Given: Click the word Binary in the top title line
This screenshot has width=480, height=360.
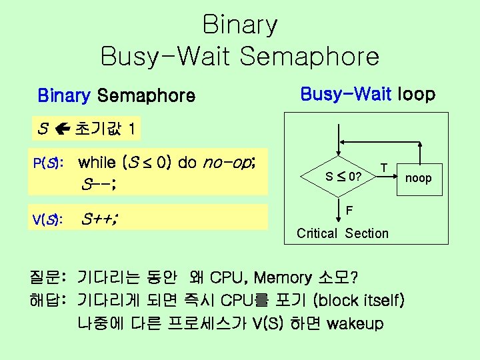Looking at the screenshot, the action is pyautogui.click(x=240, y=25).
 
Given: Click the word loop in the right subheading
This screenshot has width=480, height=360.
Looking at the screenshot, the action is pyautogui.click(x=416, y=95).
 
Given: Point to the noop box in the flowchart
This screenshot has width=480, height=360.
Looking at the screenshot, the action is pyautogui.click(x=419, y=178).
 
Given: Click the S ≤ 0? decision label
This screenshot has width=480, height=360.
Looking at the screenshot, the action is pyautogui.click(x=343, y=177).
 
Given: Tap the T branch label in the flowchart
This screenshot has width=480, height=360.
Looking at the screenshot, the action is pyautogui.click(x=383, y=165).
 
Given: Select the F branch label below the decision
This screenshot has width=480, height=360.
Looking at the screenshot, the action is pyautogui.click(x=349, y=211).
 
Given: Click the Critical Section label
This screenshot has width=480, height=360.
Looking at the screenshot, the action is pyautogui.click(x=343, y=233).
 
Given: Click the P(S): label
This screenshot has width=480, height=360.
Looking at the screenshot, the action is pyautogui.click(x=49, y=163).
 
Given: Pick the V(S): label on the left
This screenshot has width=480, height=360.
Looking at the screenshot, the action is pyautogui.click(x=49, y=219).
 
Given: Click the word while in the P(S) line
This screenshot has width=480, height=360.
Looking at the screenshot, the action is pyautogui.click(x=97, y=162).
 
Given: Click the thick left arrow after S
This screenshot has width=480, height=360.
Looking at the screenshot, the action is pyautogui.click(x=62, y=129).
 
